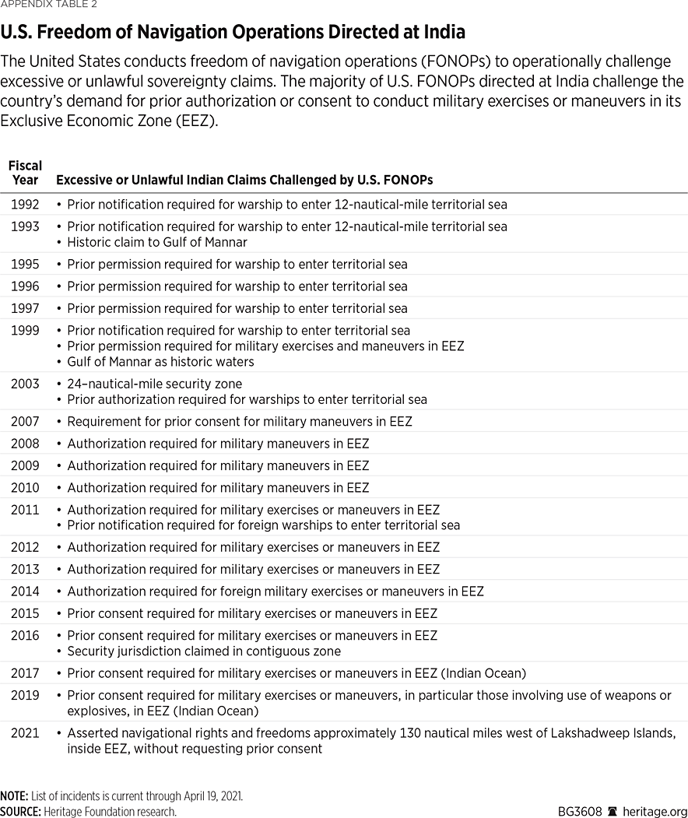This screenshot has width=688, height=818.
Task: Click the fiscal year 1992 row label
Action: coord(25,205)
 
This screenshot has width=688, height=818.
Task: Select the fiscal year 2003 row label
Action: coord(25,384)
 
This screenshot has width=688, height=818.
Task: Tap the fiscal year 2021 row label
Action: coord(25,733)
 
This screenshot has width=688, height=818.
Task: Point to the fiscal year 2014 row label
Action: coord(25,592)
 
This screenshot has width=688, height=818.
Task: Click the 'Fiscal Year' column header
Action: coord(25,173)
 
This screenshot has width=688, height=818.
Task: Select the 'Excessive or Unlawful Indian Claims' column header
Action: coord(244,180)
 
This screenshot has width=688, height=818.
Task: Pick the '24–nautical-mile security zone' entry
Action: coord(154,384)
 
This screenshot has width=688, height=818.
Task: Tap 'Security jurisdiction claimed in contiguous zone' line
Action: coord(204,651)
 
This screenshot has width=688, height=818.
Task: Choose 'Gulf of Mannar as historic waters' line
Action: coord(160,361)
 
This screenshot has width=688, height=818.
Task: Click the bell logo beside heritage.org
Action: coord(613,811)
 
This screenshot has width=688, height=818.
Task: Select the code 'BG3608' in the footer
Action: coord(580,811)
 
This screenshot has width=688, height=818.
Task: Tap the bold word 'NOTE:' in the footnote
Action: coord(15,796)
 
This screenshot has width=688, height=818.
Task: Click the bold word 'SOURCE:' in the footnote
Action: coord(21,811)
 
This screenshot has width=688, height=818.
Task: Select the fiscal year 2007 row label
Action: coord(25,421)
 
